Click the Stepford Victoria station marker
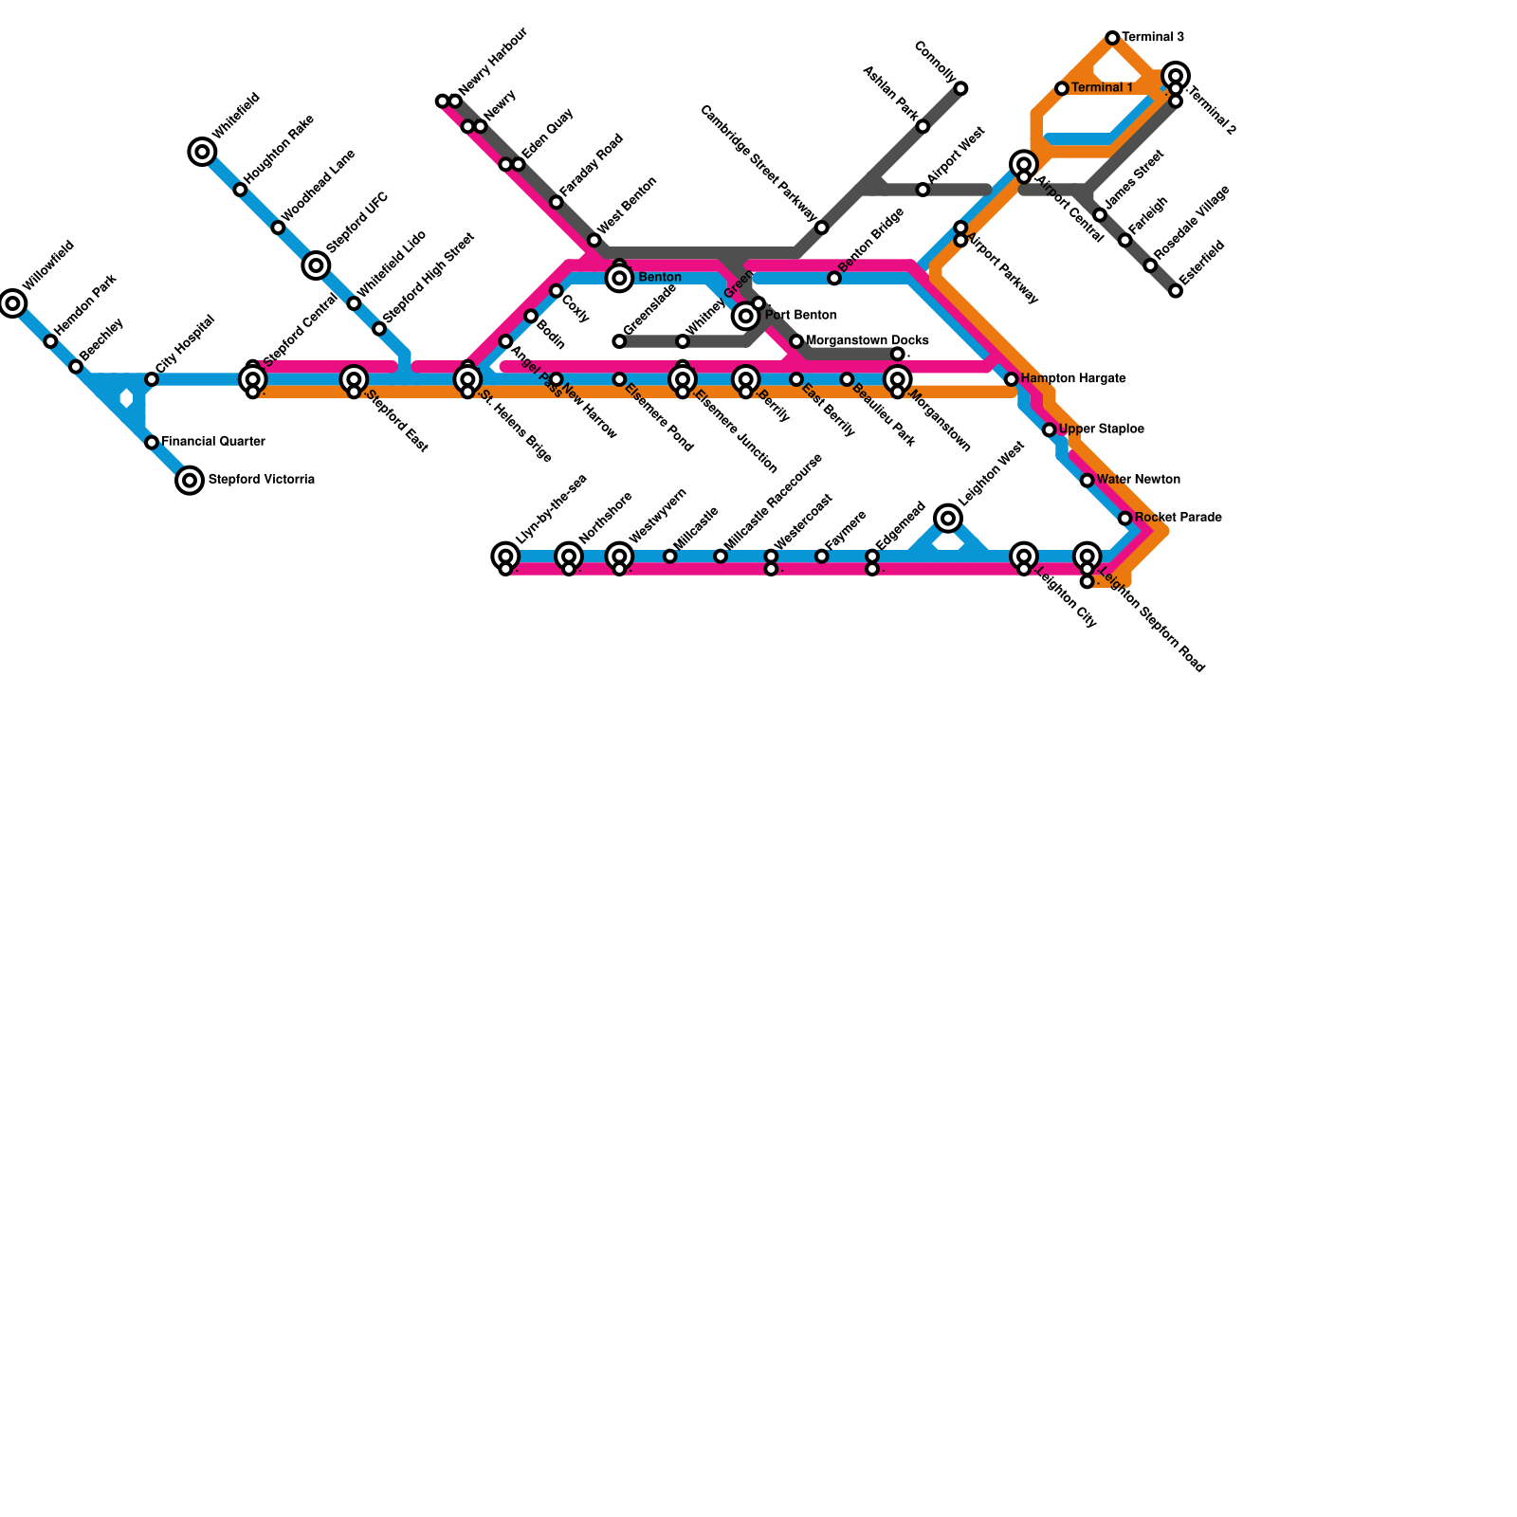[x=190, y=481]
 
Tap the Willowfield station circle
[x=12, y=303]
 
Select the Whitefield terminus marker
[x=202, y=152]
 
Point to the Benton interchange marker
[x=619, y=277]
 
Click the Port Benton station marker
[x=746, y=315]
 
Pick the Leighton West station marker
[x=948, y=518]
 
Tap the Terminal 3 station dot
[x=1112, y=38]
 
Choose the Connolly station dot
[x=960, y=88]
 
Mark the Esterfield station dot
[x=1176, y=291]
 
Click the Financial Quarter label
[x=212, y=442]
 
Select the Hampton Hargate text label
[x=1073, y=379]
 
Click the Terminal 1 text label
[x=1102, y=88]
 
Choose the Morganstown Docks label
[x=867, y=340]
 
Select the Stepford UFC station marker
[x=316, y=265]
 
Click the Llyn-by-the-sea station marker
[x=505, y=557]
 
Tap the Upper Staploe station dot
[x=1049, y=430]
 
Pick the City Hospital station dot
[x=152, y=379]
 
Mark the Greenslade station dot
[x=619, y=341]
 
